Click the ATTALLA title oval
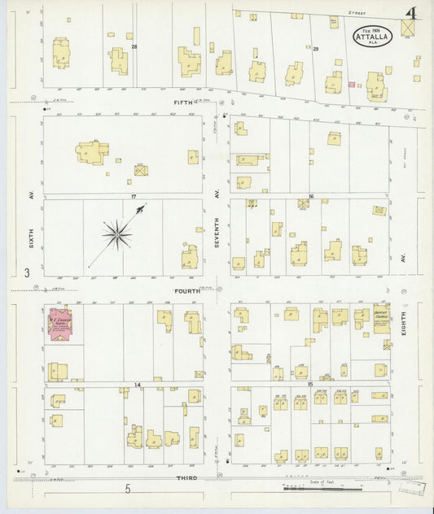pos(372,37)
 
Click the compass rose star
pos(117,235)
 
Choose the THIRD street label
pos(186,478)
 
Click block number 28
pos(134,47)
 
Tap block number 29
pos(315,50)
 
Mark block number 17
pos(130,197)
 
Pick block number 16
pos(310,197)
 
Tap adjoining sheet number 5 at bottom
pos(127,489)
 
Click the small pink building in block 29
pos(352,84)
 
